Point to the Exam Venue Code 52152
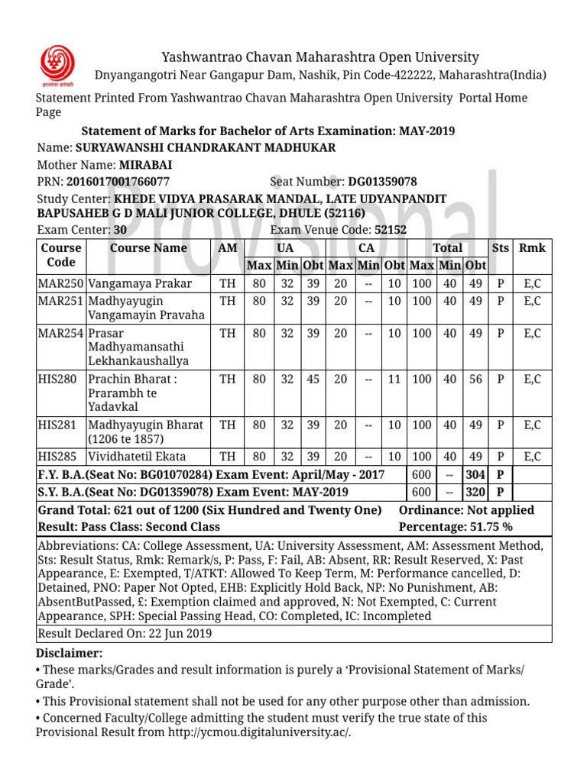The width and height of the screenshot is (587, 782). (390, 229)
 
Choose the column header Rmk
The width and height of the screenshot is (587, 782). (532, 247)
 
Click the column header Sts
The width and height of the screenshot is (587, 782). (501, 247)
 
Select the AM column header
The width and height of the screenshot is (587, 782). (227, 247)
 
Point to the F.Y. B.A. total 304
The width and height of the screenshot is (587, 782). (475, 474)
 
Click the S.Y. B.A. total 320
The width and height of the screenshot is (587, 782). (475, 492)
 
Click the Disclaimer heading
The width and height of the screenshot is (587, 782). (69, 653)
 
